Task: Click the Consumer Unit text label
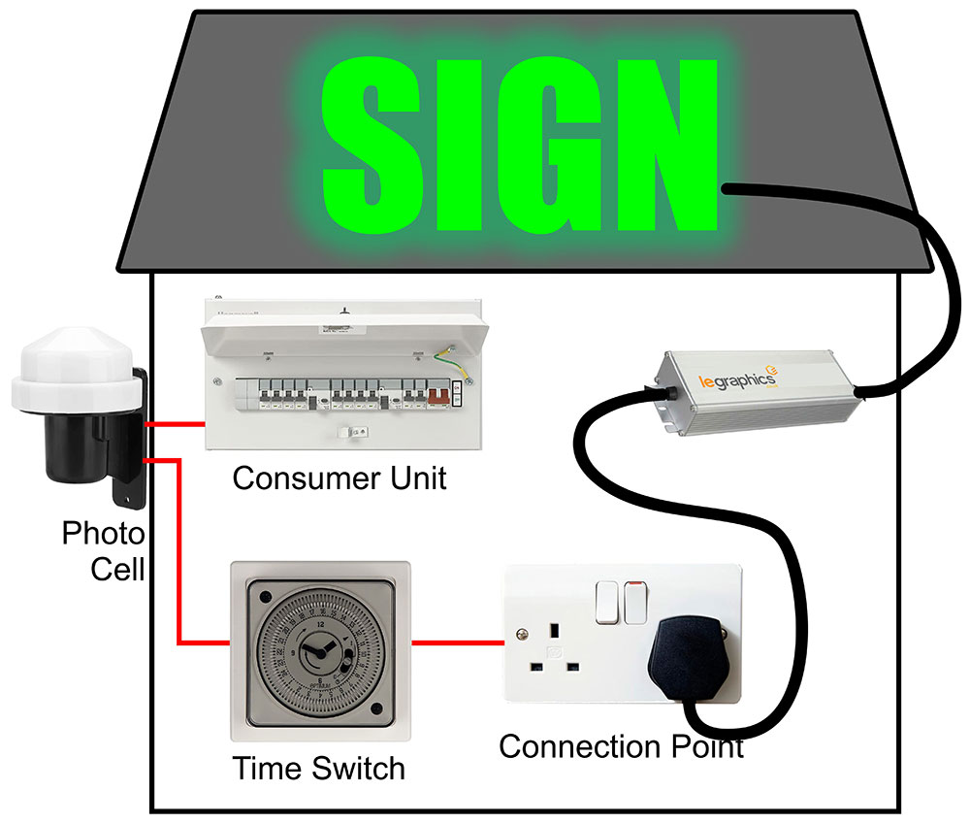pyautogui.click(x=339, y=477)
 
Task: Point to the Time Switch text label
pyautogui.click(x=318, y=769)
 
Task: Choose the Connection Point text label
pyautogui.click(x=621, y=747)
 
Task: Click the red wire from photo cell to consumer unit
pyautogui.click(x=175, y=424)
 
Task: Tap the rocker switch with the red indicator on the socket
pyautogui.click(x=635, y=602)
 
